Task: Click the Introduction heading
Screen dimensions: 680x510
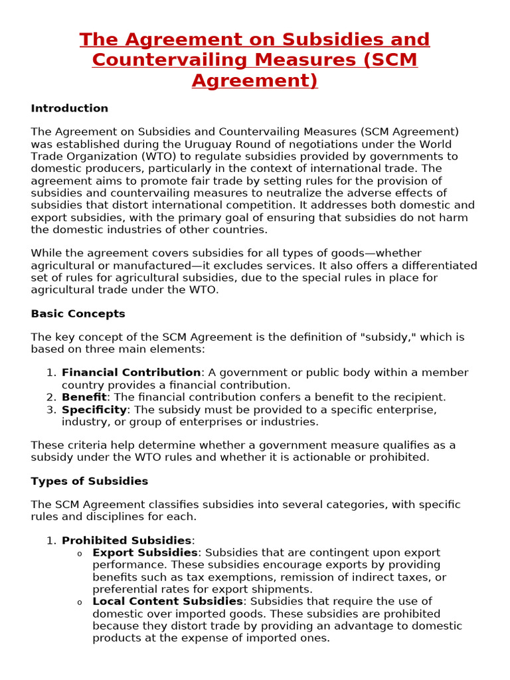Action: [69, 108]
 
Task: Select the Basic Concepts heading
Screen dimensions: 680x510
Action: [78, 313]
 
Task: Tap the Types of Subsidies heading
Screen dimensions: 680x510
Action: [89, 481]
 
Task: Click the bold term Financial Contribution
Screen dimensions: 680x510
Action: [131, 373]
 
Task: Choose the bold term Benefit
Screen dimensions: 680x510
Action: [84, 397]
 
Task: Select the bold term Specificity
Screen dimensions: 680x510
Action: [94, 410]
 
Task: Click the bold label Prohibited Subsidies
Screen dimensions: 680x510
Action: [126, 541]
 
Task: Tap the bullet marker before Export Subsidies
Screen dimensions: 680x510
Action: [80, 554]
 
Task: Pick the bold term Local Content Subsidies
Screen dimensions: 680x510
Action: [167, 602]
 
